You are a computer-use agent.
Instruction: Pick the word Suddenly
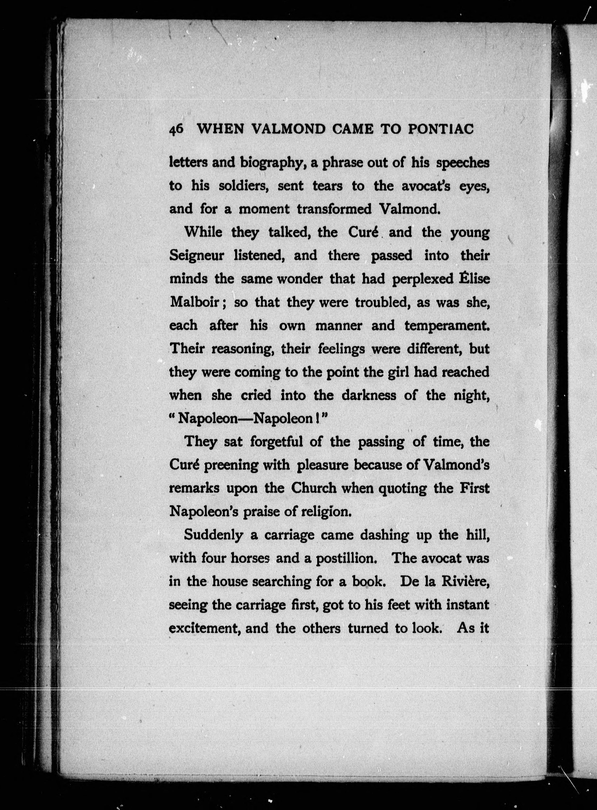213,535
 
